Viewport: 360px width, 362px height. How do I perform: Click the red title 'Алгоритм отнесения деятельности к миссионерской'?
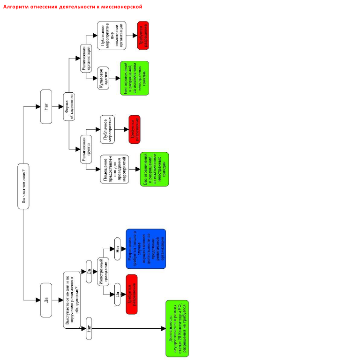[73, 7]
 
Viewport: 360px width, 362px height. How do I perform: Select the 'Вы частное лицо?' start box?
[23, 186]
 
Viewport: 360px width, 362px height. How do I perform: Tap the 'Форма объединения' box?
[69, 107]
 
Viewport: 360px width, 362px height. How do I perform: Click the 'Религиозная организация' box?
[85, 58]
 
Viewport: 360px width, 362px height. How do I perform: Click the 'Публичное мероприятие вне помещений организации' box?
[112, 36]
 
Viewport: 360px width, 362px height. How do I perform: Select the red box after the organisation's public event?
[143, 36]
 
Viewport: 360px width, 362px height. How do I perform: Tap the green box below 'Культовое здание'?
[134, 78]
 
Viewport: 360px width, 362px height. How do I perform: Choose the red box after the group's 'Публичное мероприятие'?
[134, 129]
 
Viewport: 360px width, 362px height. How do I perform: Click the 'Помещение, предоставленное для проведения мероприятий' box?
[114, 169]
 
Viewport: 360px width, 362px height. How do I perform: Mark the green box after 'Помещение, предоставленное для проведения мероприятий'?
[154, 169]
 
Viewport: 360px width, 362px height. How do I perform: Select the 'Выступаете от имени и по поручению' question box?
[72, 300]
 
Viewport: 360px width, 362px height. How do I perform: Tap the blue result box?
[146, 249]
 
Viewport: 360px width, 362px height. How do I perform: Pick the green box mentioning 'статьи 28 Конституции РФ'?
[177, 328]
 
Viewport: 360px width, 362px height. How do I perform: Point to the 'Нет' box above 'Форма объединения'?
[46, 107]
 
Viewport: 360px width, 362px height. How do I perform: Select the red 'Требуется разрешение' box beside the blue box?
[131, 294]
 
